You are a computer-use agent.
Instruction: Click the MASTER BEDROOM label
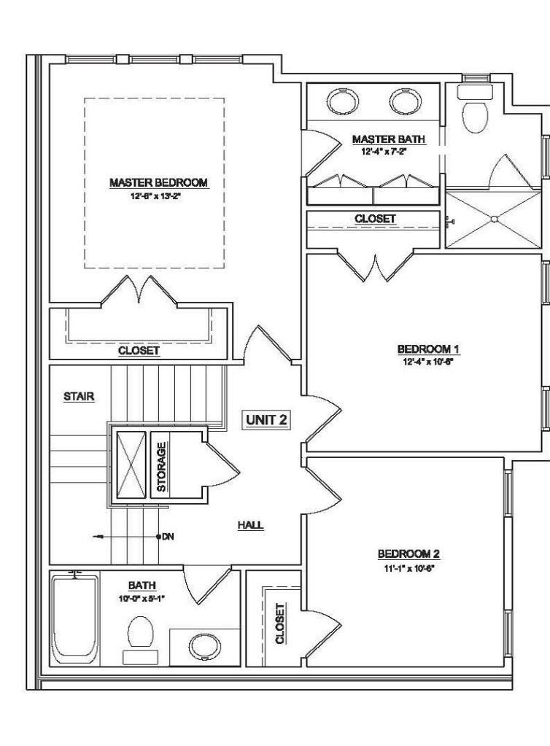(160, 182)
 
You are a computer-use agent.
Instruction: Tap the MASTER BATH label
(388, 139)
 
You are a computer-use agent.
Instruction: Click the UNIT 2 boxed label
(266, 421)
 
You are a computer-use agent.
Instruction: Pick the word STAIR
(80, 397)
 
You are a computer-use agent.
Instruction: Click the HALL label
(250, 524)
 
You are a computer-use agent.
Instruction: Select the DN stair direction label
(168, 537)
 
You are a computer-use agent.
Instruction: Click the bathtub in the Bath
(74, 618)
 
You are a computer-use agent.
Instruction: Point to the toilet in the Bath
(140, 632)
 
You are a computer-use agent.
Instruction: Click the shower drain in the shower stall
(495, 218)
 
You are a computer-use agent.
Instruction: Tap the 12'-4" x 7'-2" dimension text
(388, 151)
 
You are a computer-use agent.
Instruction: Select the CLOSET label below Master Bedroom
(139, 351)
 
